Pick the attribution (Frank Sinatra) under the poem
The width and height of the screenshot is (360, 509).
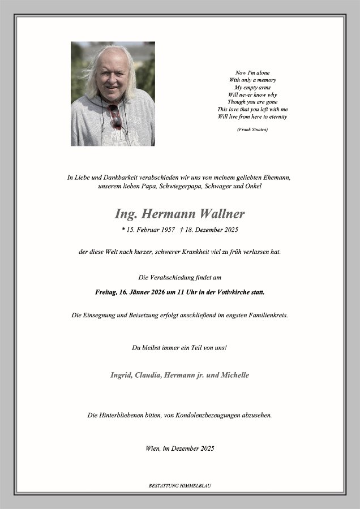(x=252, y=130)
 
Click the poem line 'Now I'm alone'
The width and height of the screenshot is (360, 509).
(x=252, y=72)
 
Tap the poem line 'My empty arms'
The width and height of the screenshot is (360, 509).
(x=252, y=87)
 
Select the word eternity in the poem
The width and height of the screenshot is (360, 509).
(x=277, y=117)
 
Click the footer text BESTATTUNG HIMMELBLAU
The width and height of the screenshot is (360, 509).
(x=180, y=485)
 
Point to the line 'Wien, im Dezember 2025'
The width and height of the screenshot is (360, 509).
(x=180, y=448)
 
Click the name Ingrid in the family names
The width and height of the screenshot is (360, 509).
(x=122, y=375)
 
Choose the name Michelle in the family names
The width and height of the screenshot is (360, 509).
(x=233, y=375)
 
